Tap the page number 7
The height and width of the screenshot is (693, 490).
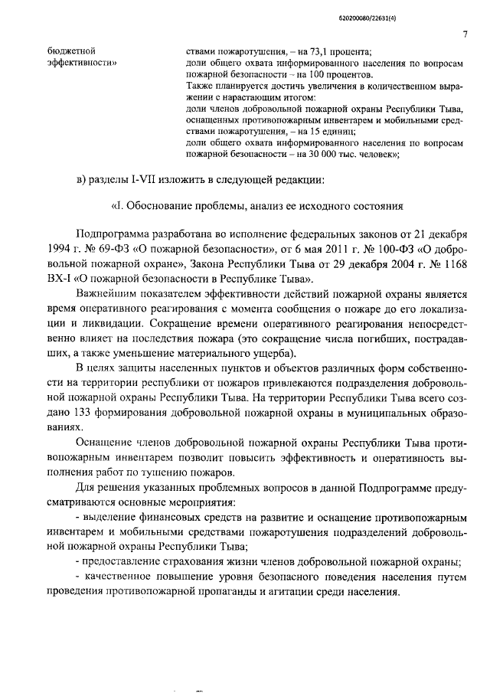(464, 34)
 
